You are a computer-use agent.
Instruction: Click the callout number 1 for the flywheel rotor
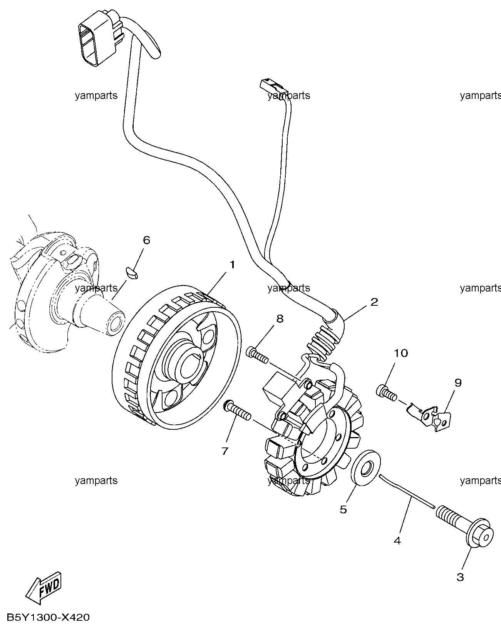click(x=232, y=265)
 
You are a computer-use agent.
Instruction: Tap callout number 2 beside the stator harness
click(x=374, y=302)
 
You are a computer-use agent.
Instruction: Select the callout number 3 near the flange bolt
click(x=460, y=577)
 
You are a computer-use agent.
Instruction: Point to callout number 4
click(x=397, y=541)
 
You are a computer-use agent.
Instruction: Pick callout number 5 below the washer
click(x=343, y=509)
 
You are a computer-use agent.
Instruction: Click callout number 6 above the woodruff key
click(x=146, y=240)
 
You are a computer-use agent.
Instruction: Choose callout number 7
click(x=225, y=451)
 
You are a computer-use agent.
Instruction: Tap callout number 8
click(x=280, y=318)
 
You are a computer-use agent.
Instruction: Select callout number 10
click(x=400, y=353)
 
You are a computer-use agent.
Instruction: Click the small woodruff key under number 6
click(x=132, y=272)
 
